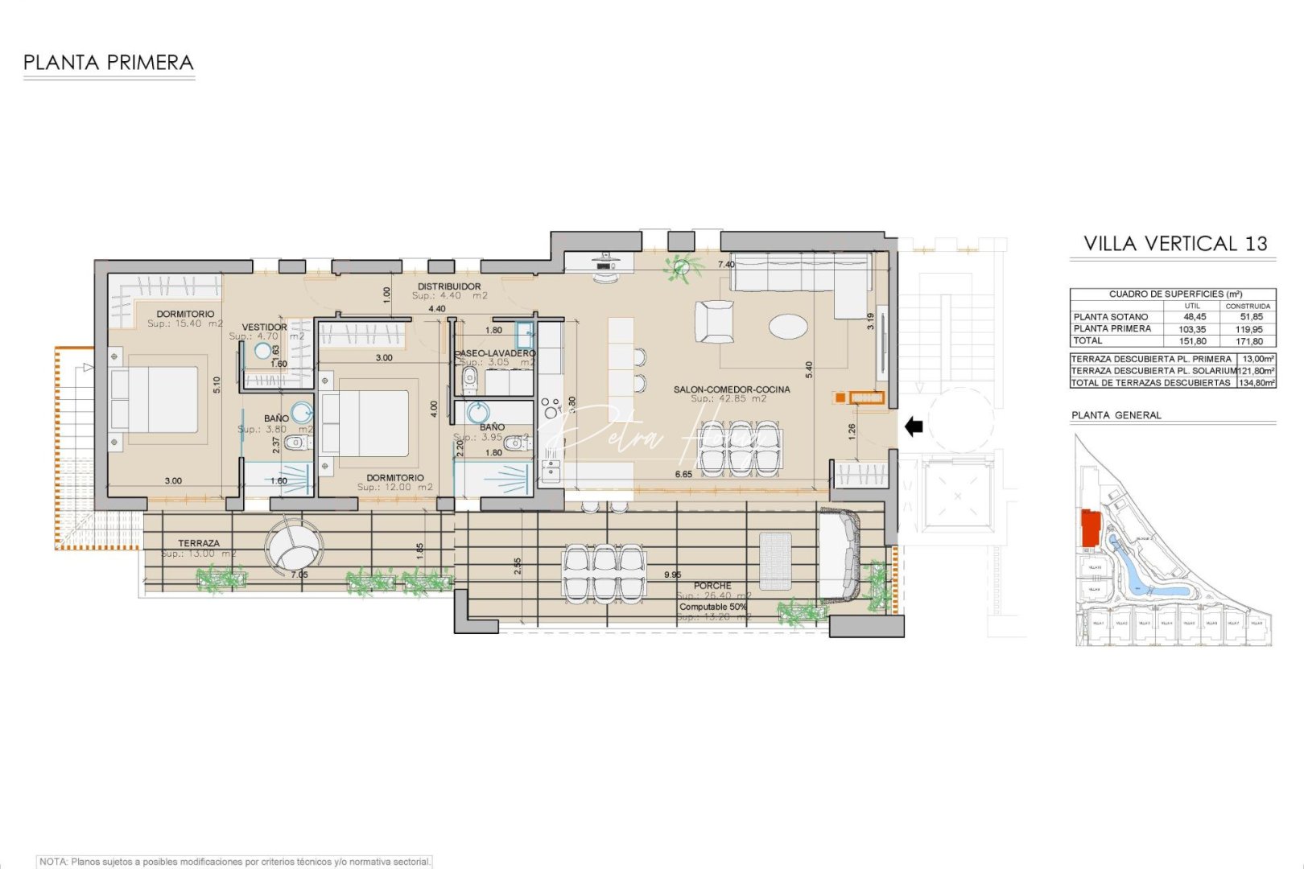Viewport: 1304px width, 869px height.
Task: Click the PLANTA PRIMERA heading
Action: coord(109,63)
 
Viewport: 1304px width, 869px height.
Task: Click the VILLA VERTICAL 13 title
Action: coord(1174,244)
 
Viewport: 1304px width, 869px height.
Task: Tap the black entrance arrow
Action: coord(914,426)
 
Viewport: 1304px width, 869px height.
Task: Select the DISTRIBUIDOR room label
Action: coord(449,286)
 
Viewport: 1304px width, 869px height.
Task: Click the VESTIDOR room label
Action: coord(264,327)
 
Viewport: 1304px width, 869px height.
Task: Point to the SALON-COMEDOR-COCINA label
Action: coord(731,389)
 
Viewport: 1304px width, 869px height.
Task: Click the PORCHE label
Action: coord(712,586)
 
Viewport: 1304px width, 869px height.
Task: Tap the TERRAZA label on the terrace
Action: coord(199,543)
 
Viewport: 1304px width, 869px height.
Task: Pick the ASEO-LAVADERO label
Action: coord(495,353)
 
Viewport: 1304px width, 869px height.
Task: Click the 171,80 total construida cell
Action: coord(1249,341)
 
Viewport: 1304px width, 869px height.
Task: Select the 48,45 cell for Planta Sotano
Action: coord(1195,317)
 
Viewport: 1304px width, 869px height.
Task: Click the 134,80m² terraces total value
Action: coord(1256,383)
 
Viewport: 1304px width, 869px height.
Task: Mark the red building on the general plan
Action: coord(1091,527)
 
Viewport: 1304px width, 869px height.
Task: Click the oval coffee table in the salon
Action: coord(787,326)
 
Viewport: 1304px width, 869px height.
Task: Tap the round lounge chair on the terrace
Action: coord(294,546)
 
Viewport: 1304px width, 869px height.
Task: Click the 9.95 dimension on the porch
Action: coord(672,575)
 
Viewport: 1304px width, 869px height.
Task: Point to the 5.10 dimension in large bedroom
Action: coord(217,385)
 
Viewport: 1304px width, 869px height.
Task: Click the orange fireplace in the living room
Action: coord(860,397)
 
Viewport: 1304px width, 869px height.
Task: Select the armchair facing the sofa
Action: coord(714,321)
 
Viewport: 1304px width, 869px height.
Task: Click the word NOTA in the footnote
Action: coord(53,862)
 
